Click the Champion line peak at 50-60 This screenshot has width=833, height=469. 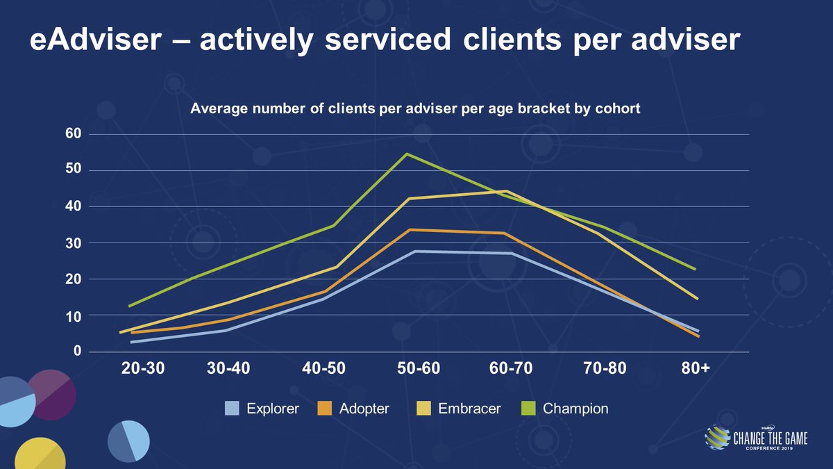[407, 154]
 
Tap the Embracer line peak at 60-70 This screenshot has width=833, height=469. [507, 191]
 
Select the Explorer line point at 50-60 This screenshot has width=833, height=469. [414, 251]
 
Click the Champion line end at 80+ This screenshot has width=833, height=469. [696, 269]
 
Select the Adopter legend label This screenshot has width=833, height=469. [364, 409]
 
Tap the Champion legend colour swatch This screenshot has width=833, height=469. [528, 409]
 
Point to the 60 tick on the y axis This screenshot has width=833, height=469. [74, 134]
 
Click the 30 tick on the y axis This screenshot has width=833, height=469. [74, 243]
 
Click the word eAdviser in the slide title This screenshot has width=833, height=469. [90, 42]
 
